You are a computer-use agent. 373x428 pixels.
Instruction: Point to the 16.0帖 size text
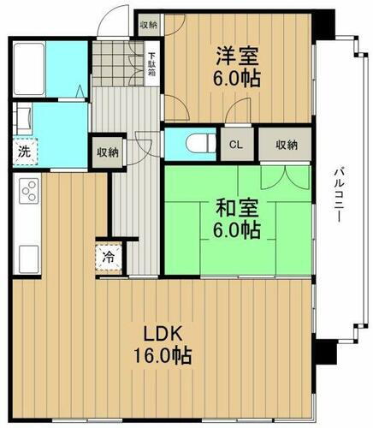(162, 354)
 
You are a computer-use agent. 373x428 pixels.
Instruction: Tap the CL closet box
(234, 146)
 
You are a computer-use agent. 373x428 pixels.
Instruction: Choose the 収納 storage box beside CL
(286, 146)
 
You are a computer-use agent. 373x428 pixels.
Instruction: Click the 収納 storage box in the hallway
(107, 152)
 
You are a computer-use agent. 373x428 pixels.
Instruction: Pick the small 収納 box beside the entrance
(147, 25)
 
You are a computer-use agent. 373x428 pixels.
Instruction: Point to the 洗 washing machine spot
(22, 154)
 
